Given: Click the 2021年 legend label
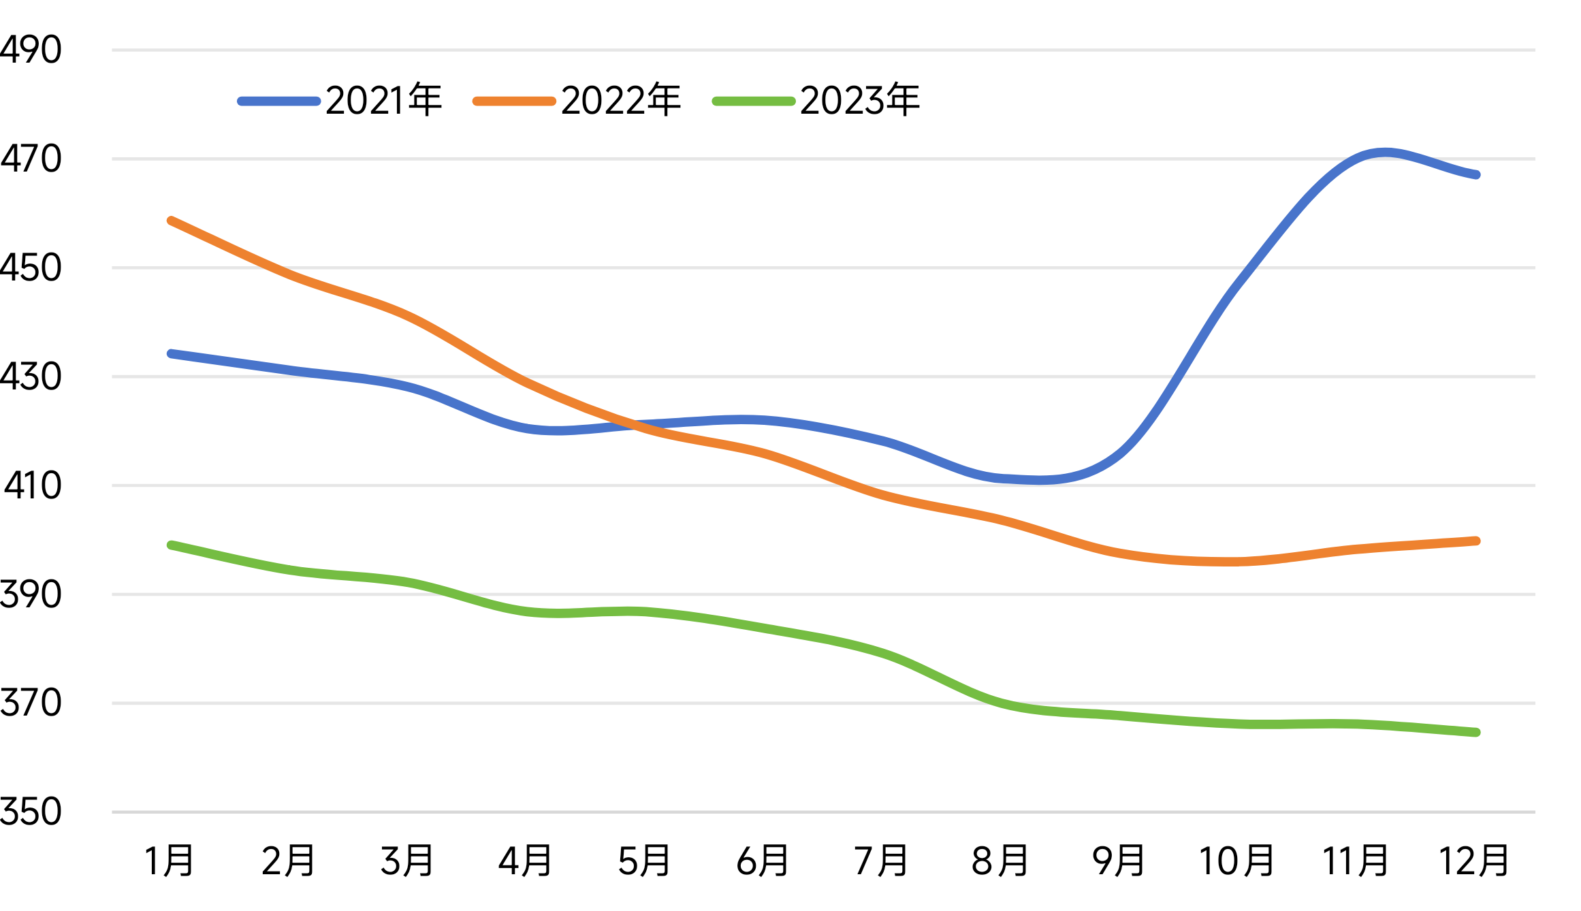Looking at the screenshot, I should click(x=384, y=101).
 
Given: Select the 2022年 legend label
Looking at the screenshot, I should click(x=620, y=101).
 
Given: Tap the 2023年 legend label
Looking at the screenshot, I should click(x=859, y=101).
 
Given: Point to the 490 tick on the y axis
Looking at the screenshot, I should click(x=31, y=50).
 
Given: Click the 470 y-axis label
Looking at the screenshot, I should click(x=31, y=159).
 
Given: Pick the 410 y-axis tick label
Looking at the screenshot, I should click(x=33, y=485).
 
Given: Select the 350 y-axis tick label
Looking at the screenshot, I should click(x=31, y=812).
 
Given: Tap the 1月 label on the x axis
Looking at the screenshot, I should click(x=170, y=861).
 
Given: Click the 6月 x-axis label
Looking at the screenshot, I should click(x=763, y=861).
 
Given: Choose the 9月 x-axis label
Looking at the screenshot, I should click(x=1119, y=861).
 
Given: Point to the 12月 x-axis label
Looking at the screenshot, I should click(x=1474, y=861).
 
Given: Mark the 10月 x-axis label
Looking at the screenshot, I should click(x=1236, y=861).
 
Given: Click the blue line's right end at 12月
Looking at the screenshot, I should click(x=1476, y=175).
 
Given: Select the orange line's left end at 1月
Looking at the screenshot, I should click(x=171, y=221).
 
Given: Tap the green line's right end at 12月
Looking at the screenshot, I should click(x=1476, y=733).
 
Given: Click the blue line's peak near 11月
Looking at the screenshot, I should click(x=1384, y=153).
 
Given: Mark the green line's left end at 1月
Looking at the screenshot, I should click(x=171, y=545).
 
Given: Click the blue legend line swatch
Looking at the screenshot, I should click(x=279, y=101).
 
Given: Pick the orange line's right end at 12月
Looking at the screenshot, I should click(x=1476, y=541).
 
